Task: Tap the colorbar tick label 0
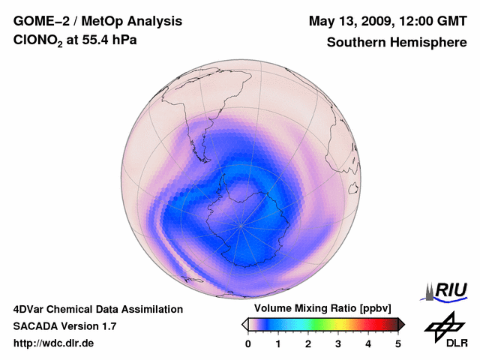click(248, 343)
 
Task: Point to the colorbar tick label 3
click(338, 343)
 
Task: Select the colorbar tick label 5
click(398, 343)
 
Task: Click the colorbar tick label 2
click(308, 343)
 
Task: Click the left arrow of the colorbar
click(244, 324)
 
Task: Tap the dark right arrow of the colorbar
click(401, 324)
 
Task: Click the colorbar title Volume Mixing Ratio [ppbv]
click(322, 308)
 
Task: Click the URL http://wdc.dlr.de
click(54, 343)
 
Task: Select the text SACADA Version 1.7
click(64, 326)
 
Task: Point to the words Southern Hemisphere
click(396, 43)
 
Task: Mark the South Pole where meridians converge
click(241, 224)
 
